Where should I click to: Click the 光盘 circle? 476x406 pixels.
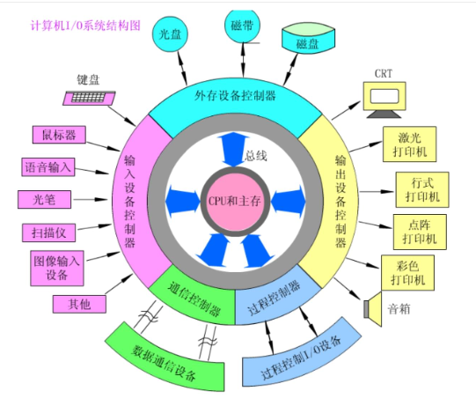[x=170, y=33]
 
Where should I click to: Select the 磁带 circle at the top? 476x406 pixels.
[x=242, y=26]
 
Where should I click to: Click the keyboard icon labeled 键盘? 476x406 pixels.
[x=89, y=98]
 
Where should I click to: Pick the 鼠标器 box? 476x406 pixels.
[x=59, y=135]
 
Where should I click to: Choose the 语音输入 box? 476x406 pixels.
[x=48, y=166]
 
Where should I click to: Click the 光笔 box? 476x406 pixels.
[x=44, y=199]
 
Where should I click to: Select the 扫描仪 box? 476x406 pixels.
[x=49, y=233]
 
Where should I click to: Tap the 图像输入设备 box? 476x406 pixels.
[x=57, y=268]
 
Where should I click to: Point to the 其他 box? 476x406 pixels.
[x=79, y=304]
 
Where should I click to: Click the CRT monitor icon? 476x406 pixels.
[x=384, y=100]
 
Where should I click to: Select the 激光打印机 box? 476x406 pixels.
[x=409, y=144]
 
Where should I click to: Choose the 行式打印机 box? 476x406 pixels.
[x=422, y=189]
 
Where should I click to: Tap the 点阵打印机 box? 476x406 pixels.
[x=420, y=232]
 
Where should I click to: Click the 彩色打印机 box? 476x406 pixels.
[x=407, y=273]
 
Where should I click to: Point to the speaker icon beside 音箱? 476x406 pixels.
[x=373, y=309]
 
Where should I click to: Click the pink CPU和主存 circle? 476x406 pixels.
[x=235, y=201]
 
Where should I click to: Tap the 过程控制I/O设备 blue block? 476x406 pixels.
[x=302, y=354]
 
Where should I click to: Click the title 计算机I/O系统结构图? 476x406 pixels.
[x=85, y=26]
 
